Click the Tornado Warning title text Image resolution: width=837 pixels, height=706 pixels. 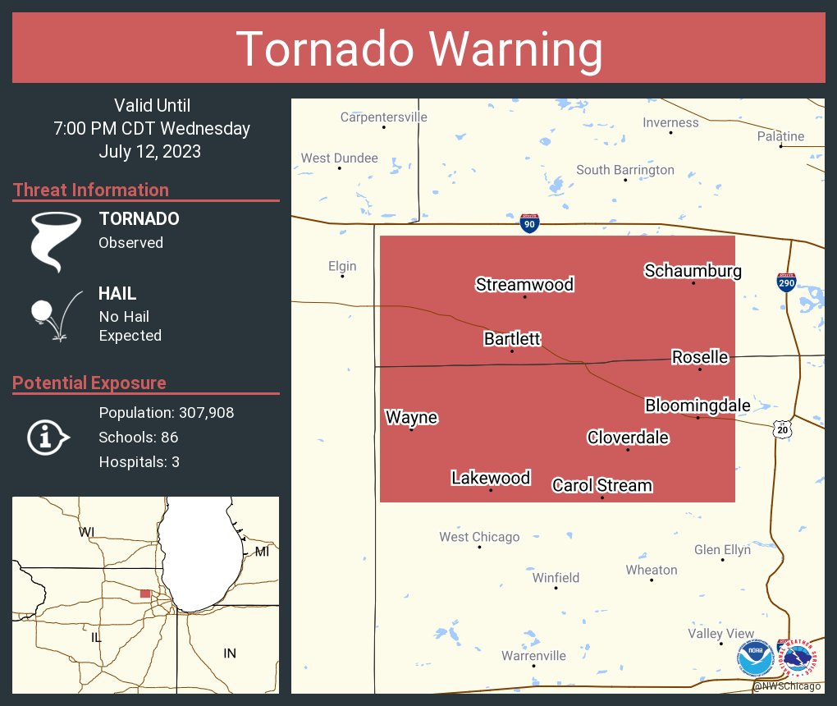(x=418, y=49)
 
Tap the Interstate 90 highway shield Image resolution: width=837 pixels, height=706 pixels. (x=529, y=224)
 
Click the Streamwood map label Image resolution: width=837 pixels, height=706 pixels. (x=524, y=285)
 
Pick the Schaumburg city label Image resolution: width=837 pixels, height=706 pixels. (x=693, y=271)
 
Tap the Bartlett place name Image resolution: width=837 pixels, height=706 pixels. (x=512, y=339)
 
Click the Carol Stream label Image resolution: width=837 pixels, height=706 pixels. (x=601, y=486)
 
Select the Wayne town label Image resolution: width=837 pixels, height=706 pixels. (x=411, y=418)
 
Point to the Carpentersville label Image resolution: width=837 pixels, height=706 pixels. (x=383, y=117)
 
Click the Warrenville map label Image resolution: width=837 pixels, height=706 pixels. (x=533, y=656)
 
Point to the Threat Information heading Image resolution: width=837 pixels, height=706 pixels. (x=90, y=190)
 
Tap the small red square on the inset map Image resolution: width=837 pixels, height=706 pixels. (x=145, y=594)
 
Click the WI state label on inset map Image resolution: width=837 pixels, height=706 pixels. (x=86, y=532)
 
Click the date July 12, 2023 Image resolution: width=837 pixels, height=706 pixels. (x=149, y=152)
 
